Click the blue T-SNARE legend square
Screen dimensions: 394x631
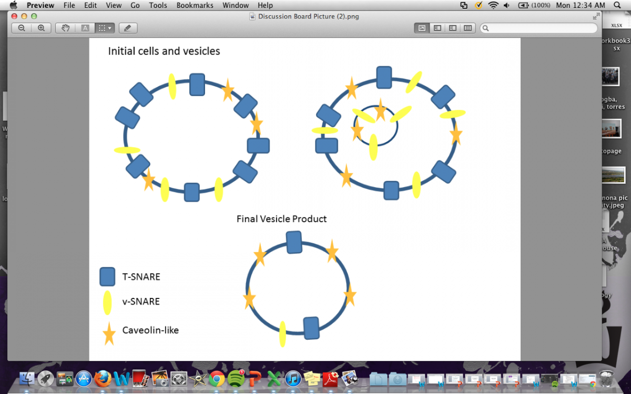click(107, 277)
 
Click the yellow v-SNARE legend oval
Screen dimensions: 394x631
click(107, 302)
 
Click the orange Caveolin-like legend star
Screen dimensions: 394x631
click(109, 333)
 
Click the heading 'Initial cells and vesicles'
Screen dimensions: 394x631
click(164, 51)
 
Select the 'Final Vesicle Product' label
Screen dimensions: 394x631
click(281, 219)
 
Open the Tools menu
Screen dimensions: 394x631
click(158, 5)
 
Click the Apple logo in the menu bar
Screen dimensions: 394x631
click(13, 5)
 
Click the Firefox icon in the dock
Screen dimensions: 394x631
click(103, 378)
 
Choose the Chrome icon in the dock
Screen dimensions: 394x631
click(217, 378)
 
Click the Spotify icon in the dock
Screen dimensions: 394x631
click(236, 378)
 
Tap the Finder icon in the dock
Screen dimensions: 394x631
click(27, 378)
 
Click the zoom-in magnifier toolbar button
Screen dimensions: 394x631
click(41, 28)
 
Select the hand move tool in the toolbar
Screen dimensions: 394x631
click(65, 28)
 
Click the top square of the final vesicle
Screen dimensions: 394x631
click(294, 242)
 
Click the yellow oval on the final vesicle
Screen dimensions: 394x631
click(282, 334)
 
